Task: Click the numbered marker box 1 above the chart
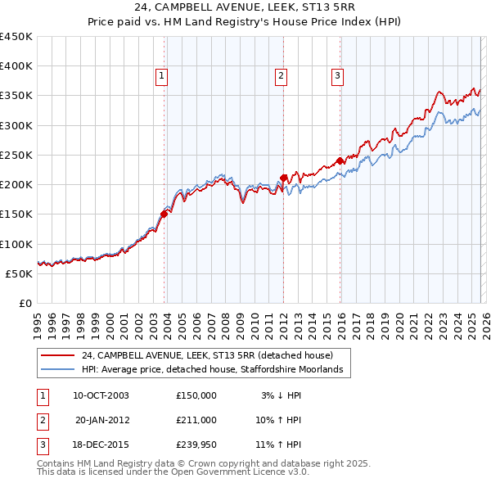pyautogui.click(x=162, y=76)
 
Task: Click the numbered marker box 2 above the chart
pyautogui.click(x=281, y=76)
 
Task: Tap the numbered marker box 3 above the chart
pyautogui.click(x=337, y=76)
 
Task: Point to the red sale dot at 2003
pyautogui.click(x=164, y=214)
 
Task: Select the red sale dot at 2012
pyautogui.click(x=283, y=178)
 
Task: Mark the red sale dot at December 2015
pyautogui.click(x=340, y=160)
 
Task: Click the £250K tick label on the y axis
pyautogui.click(x=16, y=155)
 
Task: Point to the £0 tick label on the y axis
pyautogui.click(x=25, y=303)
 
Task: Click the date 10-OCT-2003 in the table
pyautogui.click(x=101, y=395)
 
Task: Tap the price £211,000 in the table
pyautogui.click(x=196, y=420)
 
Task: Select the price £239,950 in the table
pyautogui.click(x=196, y=445)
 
